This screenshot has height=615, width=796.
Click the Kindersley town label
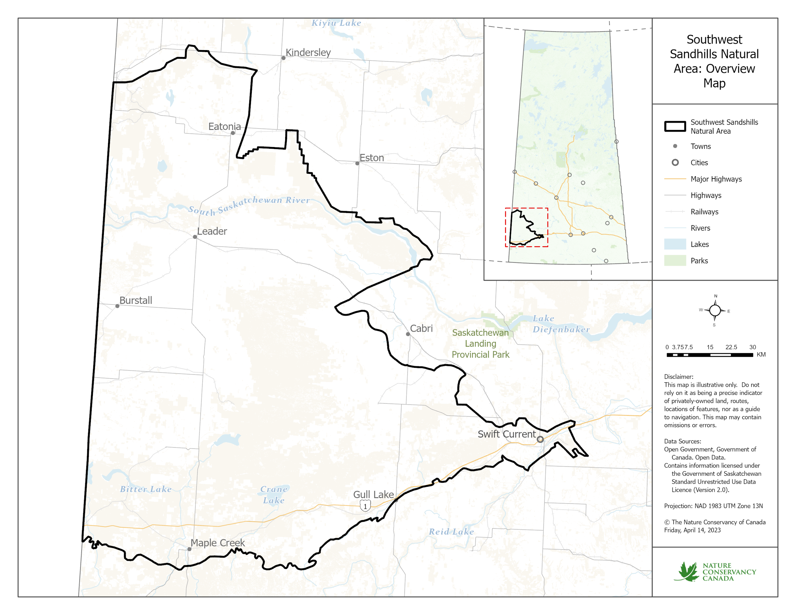pyautogui.click(x=308, y=52)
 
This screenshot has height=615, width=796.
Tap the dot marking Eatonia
pyautogui.click(x=233, y=133)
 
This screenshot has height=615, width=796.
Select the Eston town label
pyautogui.click(x=371, y=158)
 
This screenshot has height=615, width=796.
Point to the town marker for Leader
pyautogui.click(x=195, y=237)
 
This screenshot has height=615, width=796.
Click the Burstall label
pyautogui.click(x=136, y=300)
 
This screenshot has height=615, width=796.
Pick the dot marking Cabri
pyautogui.click(x=408, y=334)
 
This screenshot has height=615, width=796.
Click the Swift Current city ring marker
pyautogui.click(x=540, y=439)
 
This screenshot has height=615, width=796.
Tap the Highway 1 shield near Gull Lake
pyautogui.click(x=365, y=506)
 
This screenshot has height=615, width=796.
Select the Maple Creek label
pyautogui.click(x=218, y=543)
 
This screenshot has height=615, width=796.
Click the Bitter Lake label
pyautogui.click(x=146, y=489)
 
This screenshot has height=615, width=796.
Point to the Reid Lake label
pyautogui.click(x=451, y=532)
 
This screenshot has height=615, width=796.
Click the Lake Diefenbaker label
pyautogui.click(x=561, y=324)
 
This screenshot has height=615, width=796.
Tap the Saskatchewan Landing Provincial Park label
pyautogui.click(x=480, y=344)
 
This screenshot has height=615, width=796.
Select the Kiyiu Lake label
pyautogui.click(x=336, y=23)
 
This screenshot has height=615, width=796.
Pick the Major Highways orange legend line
pyautogui.click(x=675, y=179)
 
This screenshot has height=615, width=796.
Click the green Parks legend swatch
pyautogui.click(x=675, y=261)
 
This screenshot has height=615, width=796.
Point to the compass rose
pyautogui.click(x=715, y=311)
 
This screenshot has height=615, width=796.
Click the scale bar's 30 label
pyautogui.click(x=752, y=347)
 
